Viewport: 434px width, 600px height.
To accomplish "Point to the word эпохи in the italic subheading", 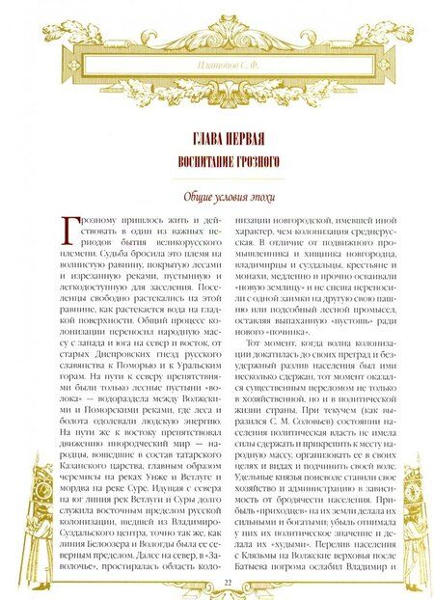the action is coord(247,198).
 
